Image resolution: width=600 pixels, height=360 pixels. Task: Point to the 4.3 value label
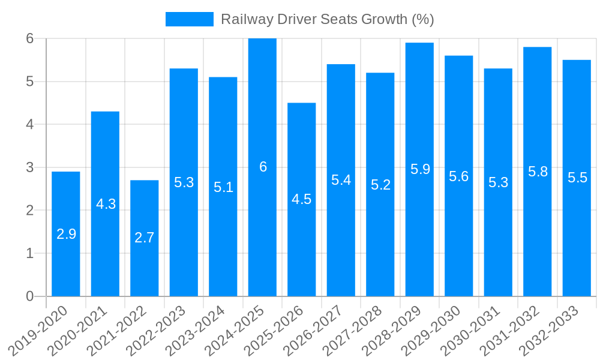[106, 204]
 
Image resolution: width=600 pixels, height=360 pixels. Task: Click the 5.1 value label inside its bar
[223, 187]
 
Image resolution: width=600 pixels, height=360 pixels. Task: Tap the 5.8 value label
[538, 172]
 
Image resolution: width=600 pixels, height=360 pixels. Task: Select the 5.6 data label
[459, 176]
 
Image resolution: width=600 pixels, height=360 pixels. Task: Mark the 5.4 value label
[341, 179]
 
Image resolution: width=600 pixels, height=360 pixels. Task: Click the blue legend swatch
[189, 19]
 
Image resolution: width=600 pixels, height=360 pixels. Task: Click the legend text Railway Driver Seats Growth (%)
[327, 19]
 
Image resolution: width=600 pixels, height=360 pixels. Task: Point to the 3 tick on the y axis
[30, 167]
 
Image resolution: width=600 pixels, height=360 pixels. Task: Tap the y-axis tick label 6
[30, 38]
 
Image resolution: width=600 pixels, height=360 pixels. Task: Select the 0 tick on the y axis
[30, 296]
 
